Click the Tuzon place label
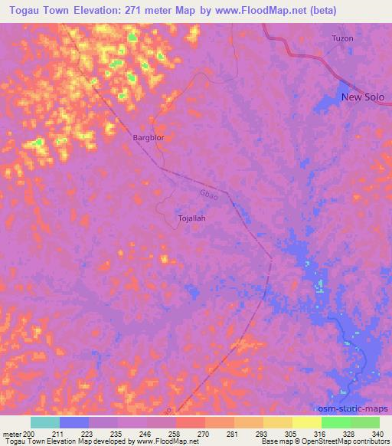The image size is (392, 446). pos(343,38)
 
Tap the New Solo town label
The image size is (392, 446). pos(362,97)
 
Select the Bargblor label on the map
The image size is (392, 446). pos(149,137)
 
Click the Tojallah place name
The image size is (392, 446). pos(191,218)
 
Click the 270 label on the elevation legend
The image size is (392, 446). pos(203,434)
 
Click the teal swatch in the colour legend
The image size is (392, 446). pos(45,422)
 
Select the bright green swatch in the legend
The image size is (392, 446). pos(335,422)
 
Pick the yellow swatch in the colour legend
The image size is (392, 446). pos(306,422)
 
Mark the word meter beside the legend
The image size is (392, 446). pos(12,434)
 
